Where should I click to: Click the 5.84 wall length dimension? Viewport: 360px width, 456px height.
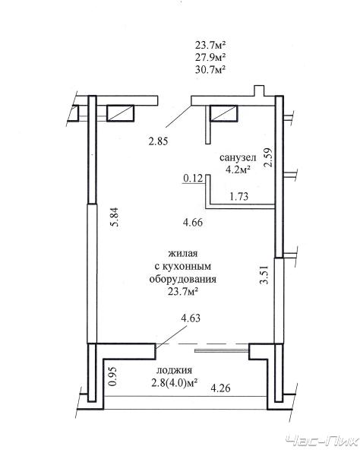click(x=115, y=217)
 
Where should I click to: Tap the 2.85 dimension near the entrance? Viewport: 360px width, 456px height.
click(x=158, y=141)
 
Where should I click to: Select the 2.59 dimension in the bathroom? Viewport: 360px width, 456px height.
click(x=268, y=157)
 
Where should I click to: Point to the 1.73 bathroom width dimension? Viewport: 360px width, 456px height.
click(x=239, y=197)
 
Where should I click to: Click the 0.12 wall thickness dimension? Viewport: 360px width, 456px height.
click(x=193, y=178)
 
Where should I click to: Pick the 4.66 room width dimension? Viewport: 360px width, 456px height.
click(x=193, y=223)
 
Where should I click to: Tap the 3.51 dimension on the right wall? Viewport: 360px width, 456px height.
click(x=264, y=274)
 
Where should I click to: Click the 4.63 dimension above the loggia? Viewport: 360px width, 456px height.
click(x=191, y=318)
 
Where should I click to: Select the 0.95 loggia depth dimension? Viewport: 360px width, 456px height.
click(x=112, y=376)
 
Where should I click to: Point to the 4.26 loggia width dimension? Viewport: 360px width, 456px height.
click(x=220, y=388)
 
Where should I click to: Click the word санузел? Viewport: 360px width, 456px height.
click(x=238, y=158)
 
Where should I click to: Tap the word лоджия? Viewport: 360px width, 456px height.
click(x=175, y=371)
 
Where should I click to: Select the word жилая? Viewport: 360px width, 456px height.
click(x=183, y=253)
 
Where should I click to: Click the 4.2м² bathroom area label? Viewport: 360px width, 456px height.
click(x=238, y=169)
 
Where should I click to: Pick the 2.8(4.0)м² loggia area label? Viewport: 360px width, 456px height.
click(x=175, y=383)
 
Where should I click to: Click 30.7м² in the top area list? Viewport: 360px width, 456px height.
click(x=210, y=70)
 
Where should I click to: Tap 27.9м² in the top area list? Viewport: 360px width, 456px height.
click(x=210, y=58)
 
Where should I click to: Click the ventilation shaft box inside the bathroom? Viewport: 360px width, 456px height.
click(x=224, y=113)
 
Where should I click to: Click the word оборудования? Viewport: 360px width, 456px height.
click(x=183, y=280)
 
